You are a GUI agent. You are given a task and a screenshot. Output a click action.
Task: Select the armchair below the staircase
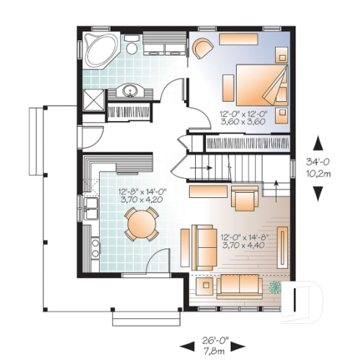[x=243, y=196]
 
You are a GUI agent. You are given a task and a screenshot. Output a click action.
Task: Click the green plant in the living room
[x=276, y=286]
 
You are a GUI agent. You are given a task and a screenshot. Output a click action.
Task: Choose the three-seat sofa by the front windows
[x=238, y=284]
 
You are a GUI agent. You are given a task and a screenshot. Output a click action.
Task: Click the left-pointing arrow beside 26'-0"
[x=188, y=342]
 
